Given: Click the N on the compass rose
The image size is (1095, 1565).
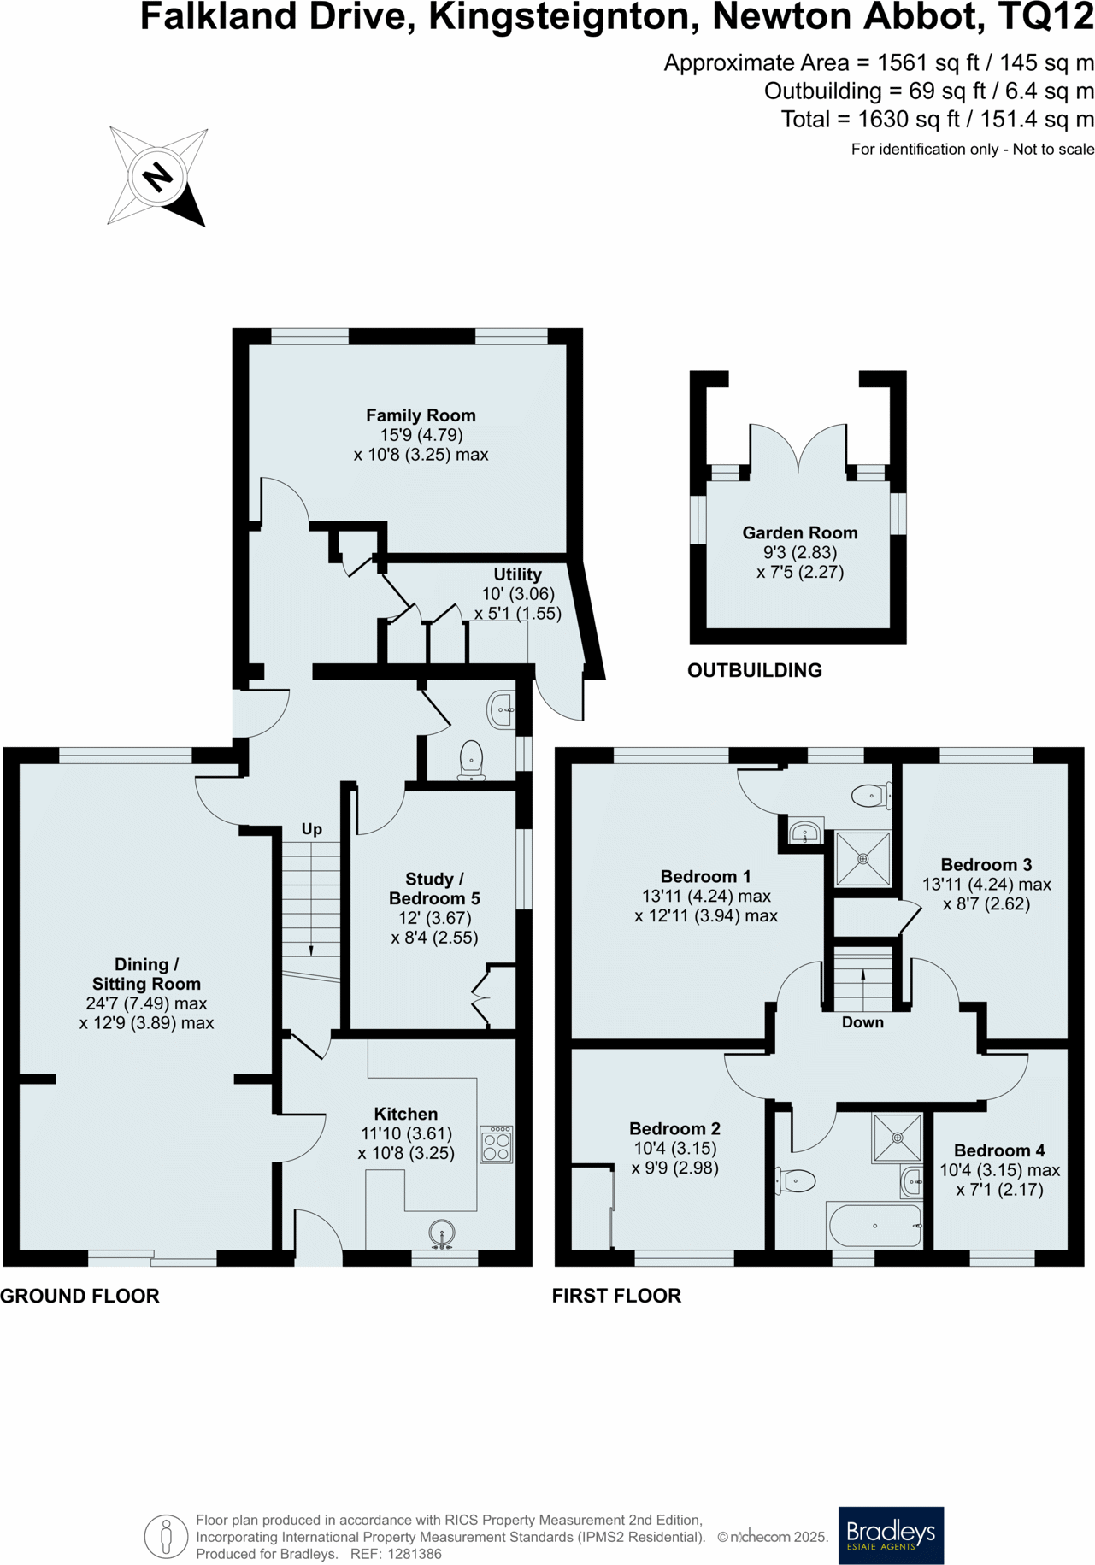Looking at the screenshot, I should pos(157,177).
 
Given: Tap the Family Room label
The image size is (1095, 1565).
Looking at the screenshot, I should pos(421,415).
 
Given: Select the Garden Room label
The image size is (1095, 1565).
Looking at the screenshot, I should pos(799,532).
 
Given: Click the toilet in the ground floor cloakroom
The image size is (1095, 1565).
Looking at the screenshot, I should pos(472,760).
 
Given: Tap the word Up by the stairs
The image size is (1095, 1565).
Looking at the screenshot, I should pos(311,829).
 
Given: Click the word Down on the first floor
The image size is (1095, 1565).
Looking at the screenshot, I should pos(862,1022).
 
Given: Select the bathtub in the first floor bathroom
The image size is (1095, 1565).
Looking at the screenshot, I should pos(874,1226).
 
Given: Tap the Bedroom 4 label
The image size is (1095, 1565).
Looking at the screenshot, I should pos(999,1150).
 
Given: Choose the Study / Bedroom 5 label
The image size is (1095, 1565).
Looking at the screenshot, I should pos(434,889).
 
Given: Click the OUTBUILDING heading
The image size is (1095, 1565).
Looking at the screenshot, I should pos(755,670).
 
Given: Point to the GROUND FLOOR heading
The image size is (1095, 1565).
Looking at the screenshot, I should pos(79,1296).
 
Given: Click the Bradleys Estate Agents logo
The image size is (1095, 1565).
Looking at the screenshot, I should pos(891,1535).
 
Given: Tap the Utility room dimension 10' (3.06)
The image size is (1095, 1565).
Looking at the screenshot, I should pos(518,594).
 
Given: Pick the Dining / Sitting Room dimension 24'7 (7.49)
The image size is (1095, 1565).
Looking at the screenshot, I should pos(146,1003).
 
